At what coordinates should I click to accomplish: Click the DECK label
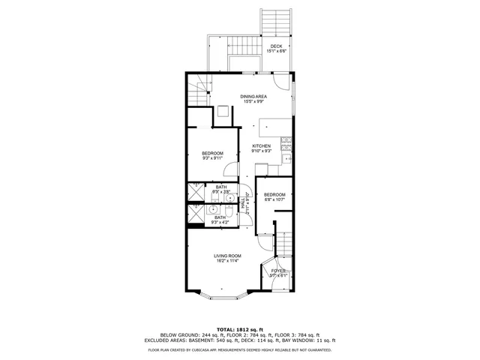click(x=276, y=46)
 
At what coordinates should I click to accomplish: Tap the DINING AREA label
click(x=253, y=97)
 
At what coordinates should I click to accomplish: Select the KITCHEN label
click(x=261, y=145)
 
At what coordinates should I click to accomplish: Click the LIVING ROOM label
click(x=222, y=256)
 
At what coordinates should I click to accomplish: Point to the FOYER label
click(x=278, y=271)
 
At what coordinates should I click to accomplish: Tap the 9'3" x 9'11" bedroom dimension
click(x=212, y=158)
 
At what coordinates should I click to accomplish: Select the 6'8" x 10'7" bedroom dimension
click(x=274, y=199)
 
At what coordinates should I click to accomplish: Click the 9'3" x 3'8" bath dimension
click(x=220, y=192)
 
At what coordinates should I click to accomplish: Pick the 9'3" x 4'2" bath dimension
click(x=220, y=222)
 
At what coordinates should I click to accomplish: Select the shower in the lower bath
click(x=195, y=216)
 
